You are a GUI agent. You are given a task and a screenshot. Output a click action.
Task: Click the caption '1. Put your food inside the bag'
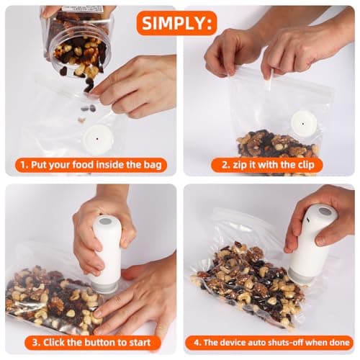pyautogui.click(x=91, y=165)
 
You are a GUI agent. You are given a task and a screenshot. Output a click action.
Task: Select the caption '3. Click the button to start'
pyautogui.click(x=91, y=342)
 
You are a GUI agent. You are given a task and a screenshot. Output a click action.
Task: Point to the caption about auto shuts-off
pyautogui.click(x=268, y=342)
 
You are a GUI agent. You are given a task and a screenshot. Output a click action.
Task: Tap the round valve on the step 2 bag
pyautogui.click(x=303, y=123)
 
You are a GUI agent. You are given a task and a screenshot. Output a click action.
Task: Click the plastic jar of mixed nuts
pyautogui.click(x=77, y=40)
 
